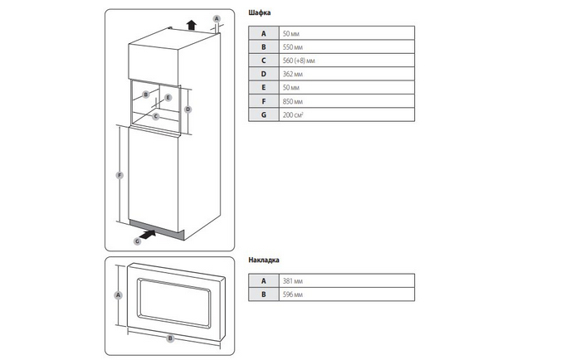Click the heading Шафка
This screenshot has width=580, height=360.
259,14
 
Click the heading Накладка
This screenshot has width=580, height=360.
264,260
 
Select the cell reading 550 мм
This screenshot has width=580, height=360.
292,46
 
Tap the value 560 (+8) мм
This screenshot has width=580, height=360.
300,60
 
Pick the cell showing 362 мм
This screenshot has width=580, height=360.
292,74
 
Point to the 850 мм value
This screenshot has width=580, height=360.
292,100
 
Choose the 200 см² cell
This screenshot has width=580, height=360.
293,114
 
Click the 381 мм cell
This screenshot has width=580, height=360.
292,281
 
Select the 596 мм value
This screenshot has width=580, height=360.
292,294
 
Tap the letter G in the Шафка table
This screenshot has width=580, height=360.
263,114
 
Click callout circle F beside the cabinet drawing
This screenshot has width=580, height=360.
121,175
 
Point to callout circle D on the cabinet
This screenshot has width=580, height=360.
188,109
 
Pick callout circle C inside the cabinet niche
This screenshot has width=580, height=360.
155,117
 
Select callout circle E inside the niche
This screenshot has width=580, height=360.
168,98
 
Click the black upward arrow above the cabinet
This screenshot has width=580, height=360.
191,23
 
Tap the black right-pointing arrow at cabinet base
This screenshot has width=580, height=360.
151,235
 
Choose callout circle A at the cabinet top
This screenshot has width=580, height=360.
217,18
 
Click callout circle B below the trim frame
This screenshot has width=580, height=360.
169,338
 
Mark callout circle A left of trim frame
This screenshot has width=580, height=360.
118,295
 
